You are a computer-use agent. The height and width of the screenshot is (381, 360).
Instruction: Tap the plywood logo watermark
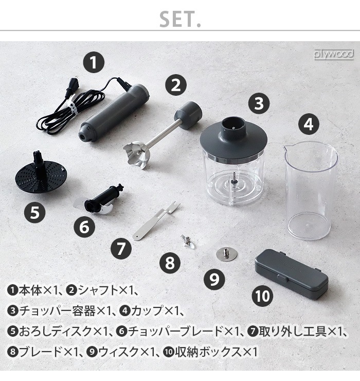pos(334,54)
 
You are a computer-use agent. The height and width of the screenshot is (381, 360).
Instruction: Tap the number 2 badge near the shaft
pos(176,85)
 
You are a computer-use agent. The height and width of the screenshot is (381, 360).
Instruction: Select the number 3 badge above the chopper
pos(259,103)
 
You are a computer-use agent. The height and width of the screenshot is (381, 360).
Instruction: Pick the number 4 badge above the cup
pos(308,124)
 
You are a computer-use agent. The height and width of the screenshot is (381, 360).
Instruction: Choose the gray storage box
pos(291,273)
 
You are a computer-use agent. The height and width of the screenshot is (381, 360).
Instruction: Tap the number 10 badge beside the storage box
pos(262,296)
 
